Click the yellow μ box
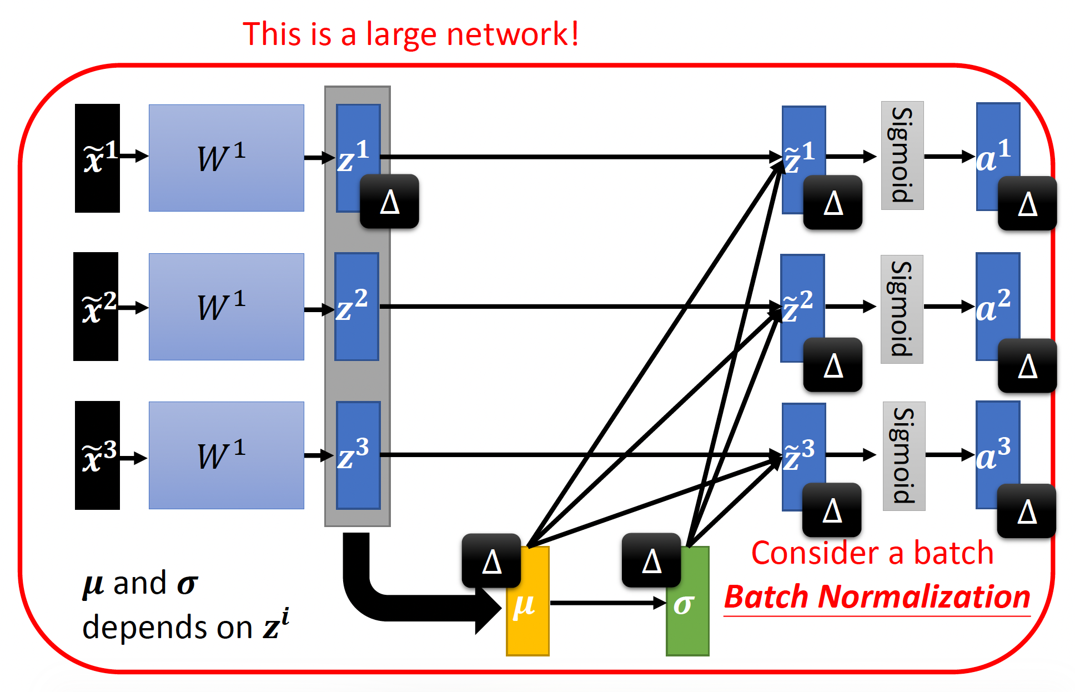tap(528, 616)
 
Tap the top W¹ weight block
tap(226, 158)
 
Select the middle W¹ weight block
tap(226, 307)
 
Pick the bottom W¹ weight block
tap(226, 455)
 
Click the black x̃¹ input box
tap(97, 158)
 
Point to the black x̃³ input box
tap(97, 455)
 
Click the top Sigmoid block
tap(902, 156)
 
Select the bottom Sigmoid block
tap(904, 456)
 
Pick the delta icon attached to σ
tap(651, 560)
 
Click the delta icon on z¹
tap(389, 201)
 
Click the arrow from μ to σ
tap(607, 603)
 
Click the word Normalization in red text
tap(925, 597)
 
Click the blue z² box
tap(357, 307)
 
